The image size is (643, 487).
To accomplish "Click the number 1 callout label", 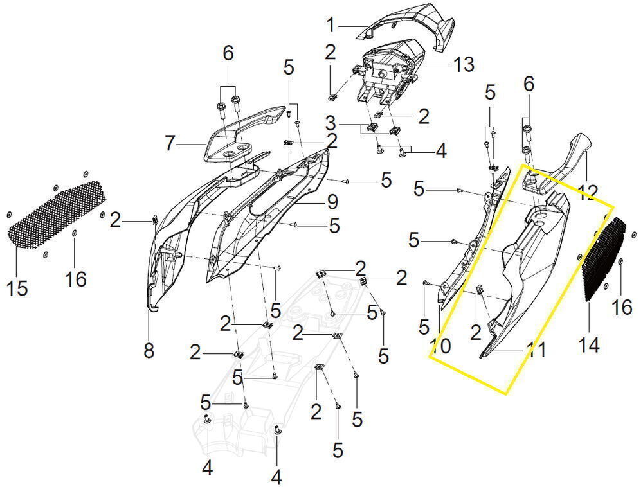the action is click(331, 25).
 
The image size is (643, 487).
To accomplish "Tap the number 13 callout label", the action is click(464, 65).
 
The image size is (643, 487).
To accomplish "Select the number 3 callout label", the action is click(331, 123).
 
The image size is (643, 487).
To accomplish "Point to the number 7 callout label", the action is click(170, 144).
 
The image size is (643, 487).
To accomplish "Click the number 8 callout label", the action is click(149, 350).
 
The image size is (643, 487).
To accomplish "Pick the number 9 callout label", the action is click(332, 202).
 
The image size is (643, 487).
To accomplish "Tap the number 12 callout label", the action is click(586, 193).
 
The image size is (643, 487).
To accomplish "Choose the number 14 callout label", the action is click(589, 344).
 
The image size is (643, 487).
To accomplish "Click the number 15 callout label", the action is click(17, 288).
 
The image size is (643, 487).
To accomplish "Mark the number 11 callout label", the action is click(536, 351).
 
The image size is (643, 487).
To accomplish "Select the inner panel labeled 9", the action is click(267, 213).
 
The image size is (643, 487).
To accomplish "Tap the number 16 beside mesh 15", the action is click(76, 279).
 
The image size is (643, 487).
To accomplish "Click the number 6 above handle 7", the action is click(228, 53).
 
